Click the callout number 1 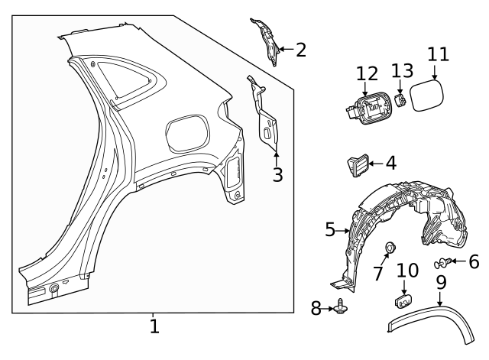click(x=154, y=327)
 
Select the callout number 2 click(x=300, y=50)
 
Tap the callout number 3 click(x=277, y=175)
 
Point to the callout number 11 click(x=438, y=56)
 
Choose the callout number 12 click(x=367, y=74)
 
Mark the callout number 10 click(x=408, y=271)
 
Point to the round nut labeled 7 click(x=390, y=248)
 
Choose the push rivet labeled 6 click(x=441, y=264)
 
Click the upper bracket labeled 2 click(x=267, y=42)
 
